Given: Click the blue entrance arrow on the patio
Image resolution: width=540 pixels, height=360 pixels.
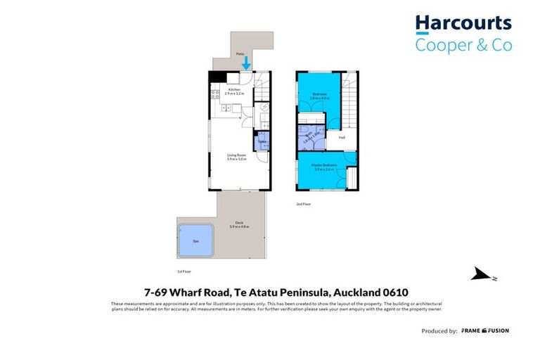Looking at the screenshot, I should [246, 63].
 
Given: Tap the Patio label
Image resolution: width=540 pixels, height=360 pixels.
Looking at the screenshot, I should [240, 53].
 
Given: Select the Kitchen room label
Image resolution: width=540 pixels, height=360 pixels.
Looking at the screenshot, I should [233, 90].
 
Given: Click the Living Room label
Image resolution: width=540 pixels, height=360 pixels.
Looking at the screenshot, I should [236, 155].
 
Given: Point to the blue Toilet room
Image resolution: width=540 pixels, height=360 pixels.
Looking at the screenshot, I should [262, 141].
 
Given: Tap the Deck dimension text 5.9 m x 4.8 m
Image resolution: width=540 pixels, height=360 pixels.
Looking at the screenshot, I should [240, 226].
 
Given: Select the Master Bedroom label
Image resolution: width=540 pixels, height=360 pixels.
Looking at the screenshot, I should [324, 166].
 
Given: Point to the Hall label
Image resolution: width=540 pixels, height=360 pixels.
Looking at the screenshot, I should [342, 137].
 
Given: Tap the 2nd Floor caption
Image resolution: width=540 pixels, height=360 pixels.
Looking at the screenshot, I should [303, 204].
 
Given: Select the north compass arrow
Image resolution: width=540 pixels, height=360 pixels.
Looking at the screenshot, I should [482, 274].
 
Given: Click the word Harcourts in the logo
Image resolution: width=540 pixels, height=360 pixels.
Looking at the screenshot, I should [463, 23].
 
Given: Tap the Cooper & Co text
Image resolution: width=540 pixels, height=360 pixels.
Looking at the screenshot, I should [463, 45].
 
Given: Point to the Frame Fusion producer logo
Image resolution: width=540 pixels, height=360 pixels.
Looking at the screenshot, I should [485, 330].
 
